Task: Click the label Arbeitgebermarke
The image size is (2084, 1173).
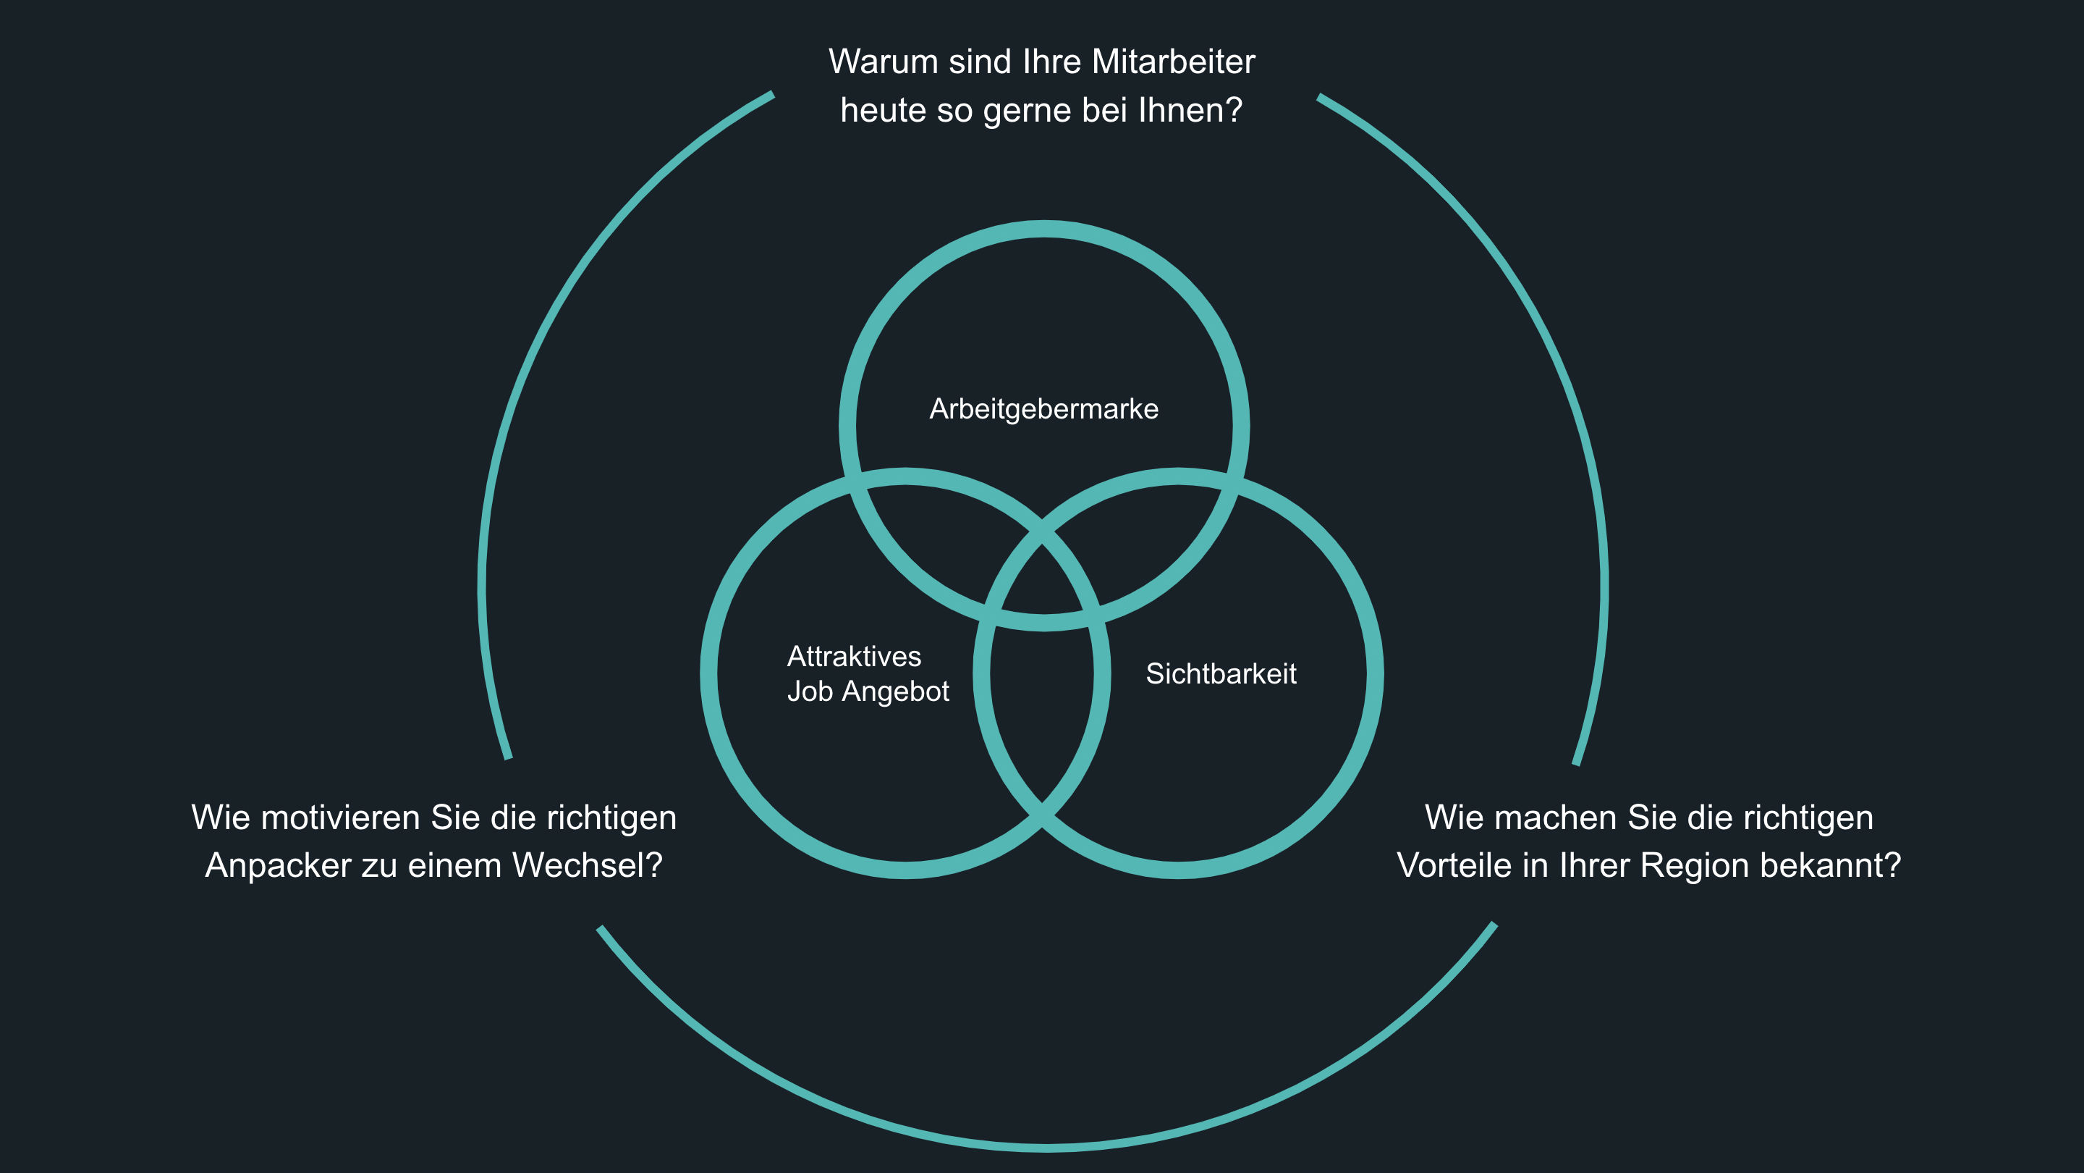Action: tap(1043, 409)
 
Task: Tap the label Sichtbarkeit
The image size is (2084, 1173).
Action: tap(1221, 673)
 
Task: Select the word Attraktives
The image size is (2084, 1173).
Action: tap(854, 656)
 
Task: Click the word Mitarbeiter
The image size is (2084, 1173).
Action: tap(1173, 62)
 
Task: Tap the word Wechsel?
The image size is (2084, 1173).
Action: tap(588, 865)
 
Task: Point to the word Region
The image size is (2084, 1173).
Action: tap(1687, 865)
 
